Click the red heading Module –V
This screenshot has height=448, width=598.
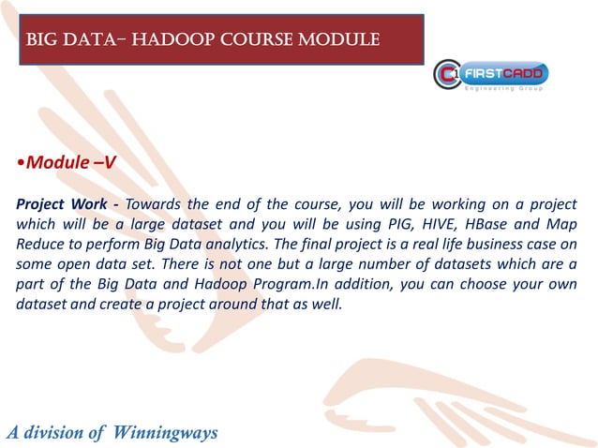(x=67, y=162)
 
